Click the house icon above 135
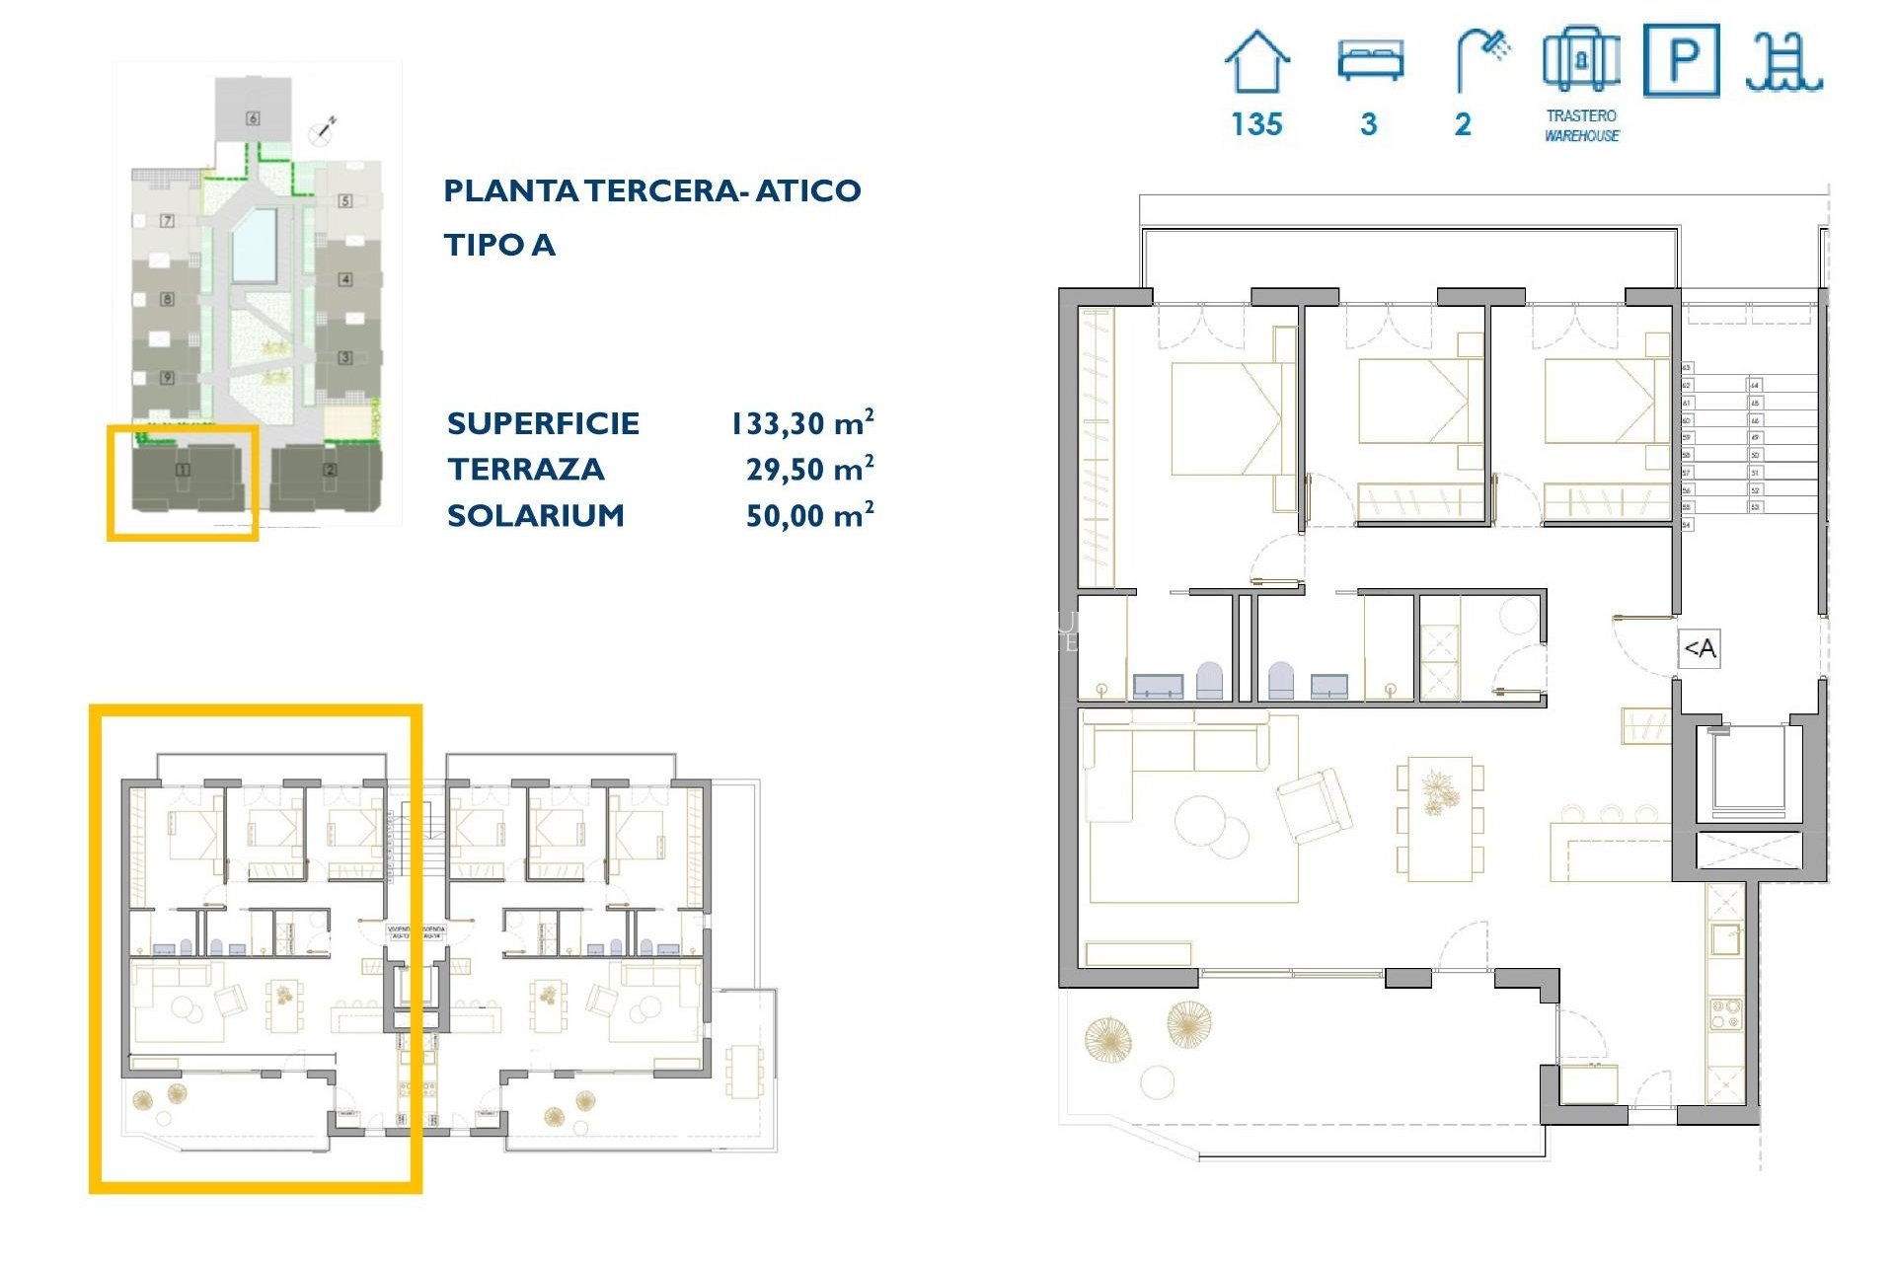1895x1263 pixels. pyautogui.click(x=1256, y=61)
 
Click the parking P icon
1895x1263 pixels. pyautogui.click(x=1682, y=61)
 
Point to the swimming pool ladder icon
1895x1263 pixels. pyautogui.click(x=1783, y=61)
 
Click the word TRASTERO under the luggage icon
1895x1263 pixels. pyautogui.click(x=1581, y=115)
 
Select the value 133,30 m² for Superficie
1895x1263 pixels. pyautogui.click(x=801, y=423)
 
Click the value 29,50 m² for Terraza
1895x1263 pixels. pyautogui.click(x=809, y=469)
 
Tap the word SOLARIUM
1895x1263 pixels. pyautogui.click(x=536, y=515)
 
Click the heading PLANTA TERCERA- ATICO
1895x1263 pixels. pyautogui.click(x=651, y=190)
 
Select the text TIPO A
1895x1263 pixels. pyautogui.click(x=499, y=245)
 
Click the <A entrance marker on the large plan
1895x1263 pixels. pyautogui.click(x=1700, y=648)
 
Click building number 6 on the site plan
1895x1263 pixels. pyautogui.click(x=253, y=118)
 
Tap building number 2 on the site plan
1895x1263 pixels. pyautogui.click(x=330, y=470)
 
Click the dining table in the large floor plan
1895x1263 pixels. pyautogui.click(x=1440, y=818)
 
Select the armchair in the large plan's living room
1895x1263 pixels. pyautogui.click(x=1314, y=804)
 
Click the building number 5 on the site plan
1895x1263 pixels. pyautogui.click(x=345, y=200)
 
